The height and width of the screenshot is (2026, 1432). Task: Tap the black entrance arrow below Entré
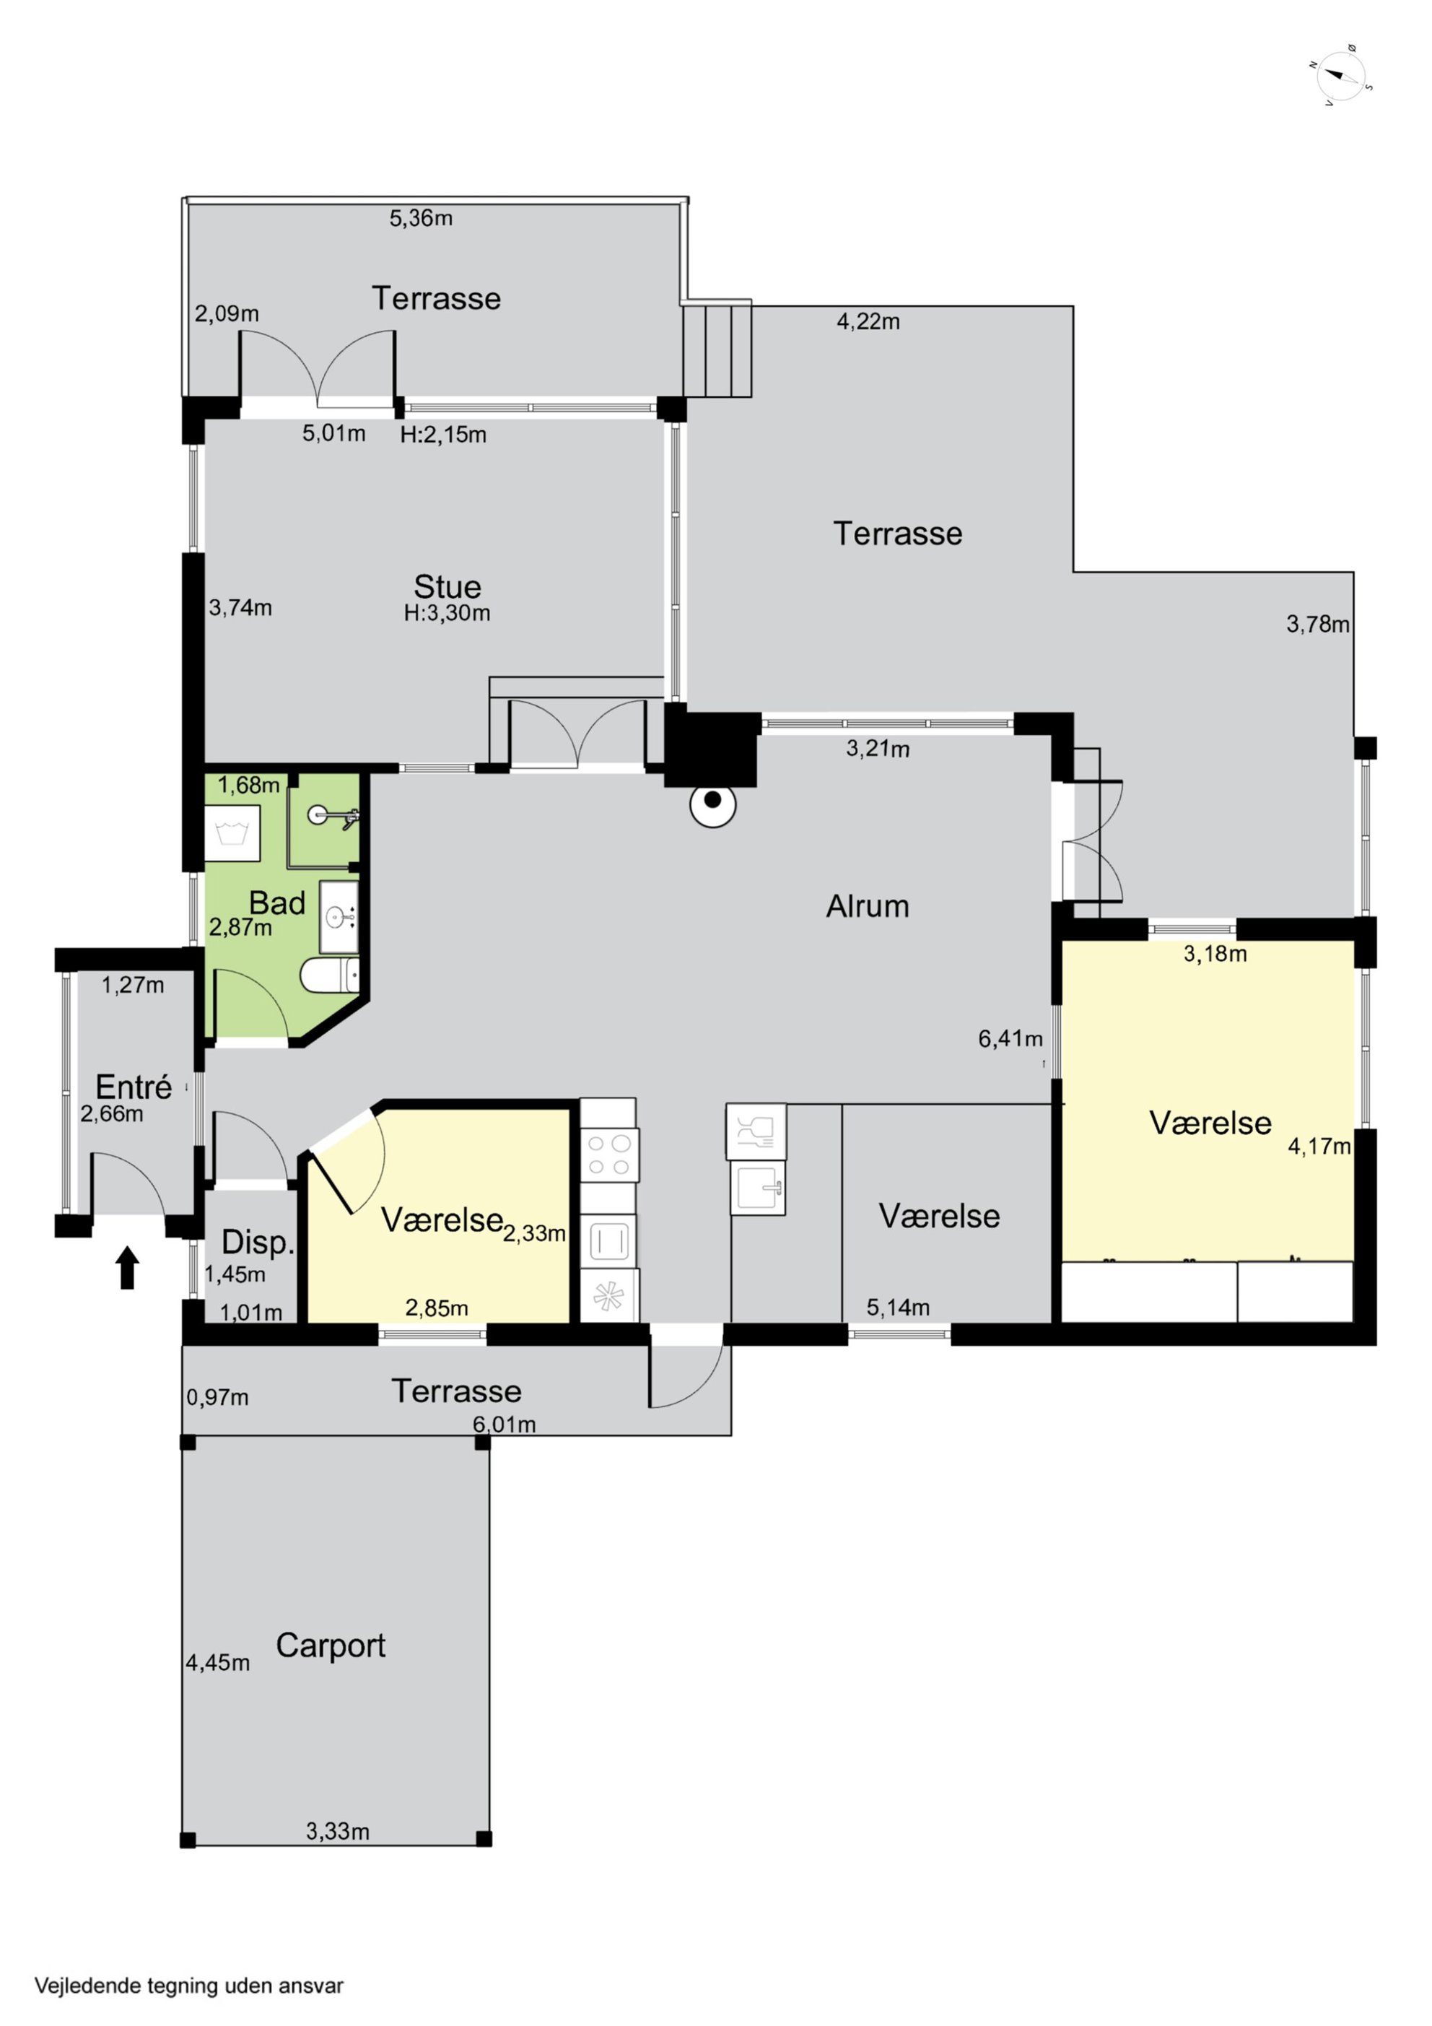pos(128,1266)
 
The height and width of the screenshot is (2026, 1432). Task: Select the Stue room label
pos(447,587)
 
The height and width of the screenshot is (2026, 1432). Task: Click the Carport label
pos(331,1645)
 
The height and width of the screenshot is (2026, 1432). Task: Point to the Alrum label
pos(868,906)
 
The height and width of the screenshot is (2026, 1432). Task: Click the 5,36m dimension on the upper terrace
pos(421,218)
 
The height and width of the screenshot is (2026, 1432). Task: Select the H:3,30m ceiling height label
pos(447,613)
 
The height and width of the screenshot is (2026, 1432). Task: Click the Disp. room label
pos(258,1243)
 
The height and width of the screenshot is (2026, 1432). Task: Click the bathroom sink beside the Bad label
pos(339,917)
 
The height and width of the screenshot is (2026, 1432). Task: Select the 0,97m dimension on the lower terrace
pos(217,1398)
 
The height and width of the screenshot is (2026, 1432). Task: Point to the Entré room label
pos(134,1087)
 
